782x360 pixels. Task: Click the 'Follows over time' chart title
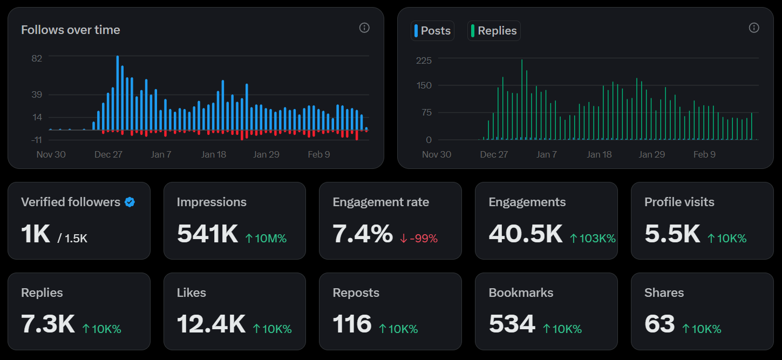70,30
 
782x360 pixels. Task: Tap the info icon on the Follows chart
364,28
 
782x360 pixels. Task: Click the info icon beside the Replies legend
754,28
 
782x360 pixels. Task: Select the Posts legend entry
432,31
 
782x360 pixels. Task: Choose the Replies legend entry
494,31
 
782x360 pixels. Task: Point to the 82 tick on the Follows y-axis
37,58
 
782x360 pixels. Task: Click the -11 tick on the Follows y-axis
36,140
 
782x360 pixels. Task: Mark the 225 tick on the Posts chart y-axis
424,60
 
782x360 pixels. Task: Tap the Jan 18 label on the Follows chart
214,154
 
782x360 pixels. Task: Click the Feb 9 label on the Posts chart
704,154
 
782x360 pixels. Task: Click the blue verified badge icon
130,202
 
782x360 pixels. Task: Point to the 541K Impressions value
207,234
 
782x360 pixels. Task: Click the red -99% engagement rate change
419,239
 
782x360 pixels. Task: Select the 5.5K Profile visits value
672,234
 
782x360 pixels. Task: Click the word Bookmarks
521,293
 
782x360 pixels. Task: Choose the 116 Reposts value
352,324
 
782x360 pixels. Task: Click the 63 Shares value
659,324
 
